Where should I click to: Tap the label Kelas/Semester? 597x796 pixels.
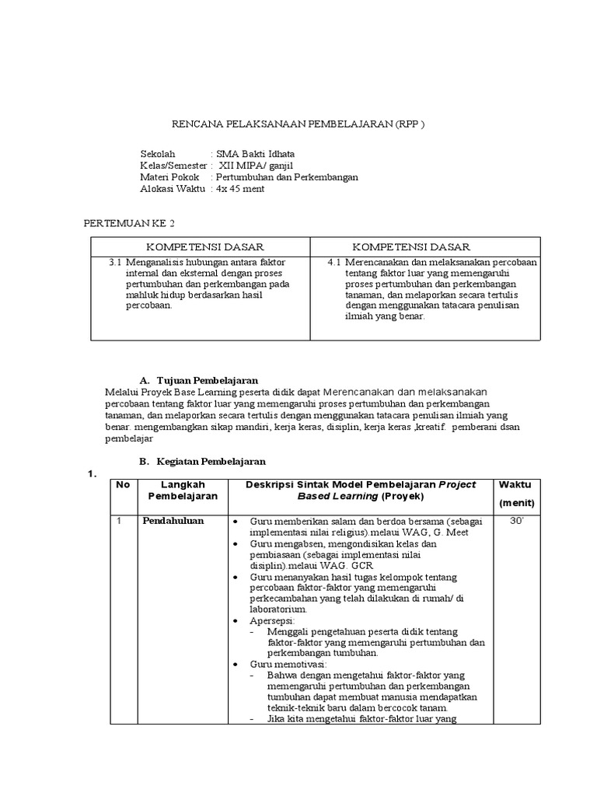[173, 166]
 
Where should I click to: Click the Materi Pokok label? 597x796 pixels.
[169, 177]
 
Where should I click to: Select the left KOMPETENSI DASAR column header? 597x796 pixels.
[200, 246]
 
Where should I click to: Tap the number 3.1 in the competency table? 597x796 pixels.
[116, 263]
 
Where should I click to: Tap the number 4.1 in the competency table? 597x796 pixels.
[334, 263]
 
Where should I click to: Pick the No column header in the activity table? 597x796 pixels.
[122, 484]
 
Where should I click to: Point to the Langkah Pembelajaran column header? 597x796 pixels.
[183, 490]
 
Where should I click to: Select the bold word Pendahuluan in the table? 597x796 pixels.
[173, 521]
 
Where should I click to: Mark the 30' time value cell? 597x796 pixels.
[516, 521]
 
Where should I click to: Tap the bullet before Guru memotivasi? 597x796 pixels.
[235, 665]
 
